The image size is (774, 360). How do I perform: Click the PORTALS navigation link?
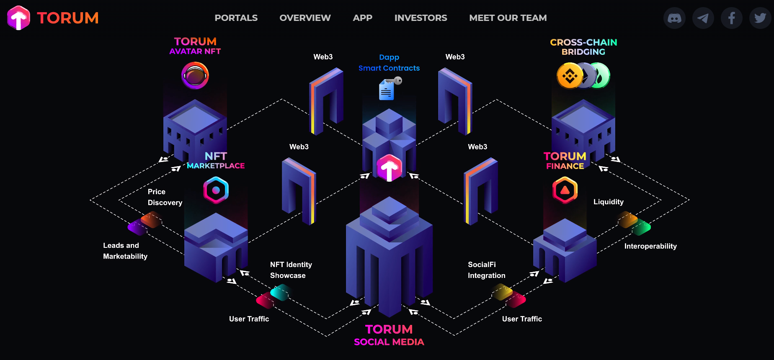click(x=236, y=18)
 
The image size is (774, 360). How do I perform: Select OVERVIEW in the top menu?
click(x=305, y=18)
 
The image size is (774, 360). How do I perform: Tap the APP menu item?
click(x=362, y=18)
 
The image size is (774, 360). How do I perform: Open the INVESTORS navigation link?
click(x=421, y=18)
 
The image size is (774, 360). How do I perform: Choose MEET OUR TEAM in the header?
click(x=508, y=18)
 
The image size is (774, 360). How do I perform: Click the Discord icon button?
click(x=674, y=18)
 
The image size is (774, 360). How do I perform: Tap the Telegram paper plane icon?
click(x=703, y=18)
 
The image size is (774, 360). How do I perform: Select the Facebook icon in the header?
click(x=731, y=18)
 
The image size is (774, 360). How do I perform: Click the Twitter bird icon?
click(x=760, y=18)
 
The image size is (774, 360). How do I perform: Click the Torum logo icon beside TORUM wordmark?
click(x=18, y=18)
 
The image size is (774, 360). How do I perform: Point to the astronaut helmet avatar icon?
click(x=195, y=75)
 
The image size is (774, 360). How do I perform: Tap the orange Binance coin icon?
click(x=570, y=76)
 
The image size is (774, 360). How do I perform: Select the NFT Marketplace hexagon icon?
click(x=216, y=190)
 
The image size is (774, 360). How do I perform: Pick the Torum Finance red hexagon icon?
click(x=565, y=190)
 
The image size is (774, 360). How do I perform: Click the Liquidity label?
click(x=609, y=202)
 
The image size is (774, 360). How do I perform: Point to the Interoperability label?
click(x=650, y=246)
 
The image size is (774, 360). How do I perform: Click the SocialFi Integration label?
click(x=487, y=270)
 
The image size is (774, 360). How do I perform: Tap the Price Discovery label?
click(x=165, y=197)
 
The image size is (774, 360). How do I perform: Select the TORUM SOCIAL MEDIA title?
click(x=389, y=335)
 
